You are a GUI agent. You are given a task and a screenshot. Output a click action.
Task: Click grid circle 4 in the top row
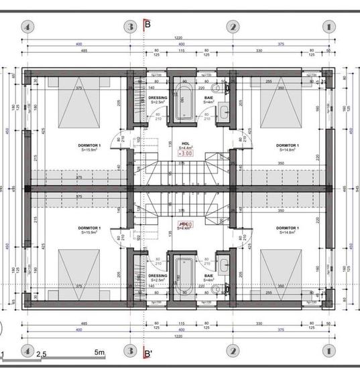(27, 27)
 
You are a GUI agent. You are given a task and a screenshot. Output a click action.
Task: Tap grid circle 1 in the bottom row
(328, 350)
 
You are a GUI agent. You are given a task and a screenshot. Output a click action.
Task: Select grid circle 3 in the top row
(131, 27)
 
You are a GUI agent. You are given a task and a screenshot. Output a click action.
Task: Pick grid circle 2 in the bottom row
(233, 350)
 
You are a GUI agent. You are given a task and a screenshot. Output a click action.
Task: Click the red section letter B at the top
(147, 25)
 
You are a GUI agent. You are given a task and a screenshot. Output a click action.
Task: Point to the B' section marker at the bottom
(148, 352)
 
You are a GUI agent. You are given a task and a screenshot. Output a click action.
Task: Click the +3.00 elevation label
(185, 153)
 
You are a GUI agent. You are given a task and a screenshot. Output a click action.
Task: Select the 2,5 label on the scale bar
(42, 354)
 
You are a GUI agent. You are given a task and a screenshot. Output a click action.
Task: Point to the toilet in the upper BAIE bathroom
(215, 89)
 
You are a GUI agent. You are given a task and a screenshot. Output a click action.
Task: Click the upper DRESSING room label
(158, 100)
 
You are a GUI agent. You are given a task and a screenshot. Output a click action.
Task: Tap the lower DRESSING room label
(158, 277)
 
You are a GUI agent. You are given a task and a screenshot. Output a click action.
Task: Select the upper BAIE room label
(208, 100)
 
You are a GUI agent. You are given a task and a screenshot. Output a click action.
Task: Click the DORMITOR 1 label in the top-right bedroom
(287, 146)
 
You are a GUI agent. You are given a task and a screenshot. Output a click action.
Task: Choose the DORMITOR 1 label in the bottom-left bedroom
(89, 230)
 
